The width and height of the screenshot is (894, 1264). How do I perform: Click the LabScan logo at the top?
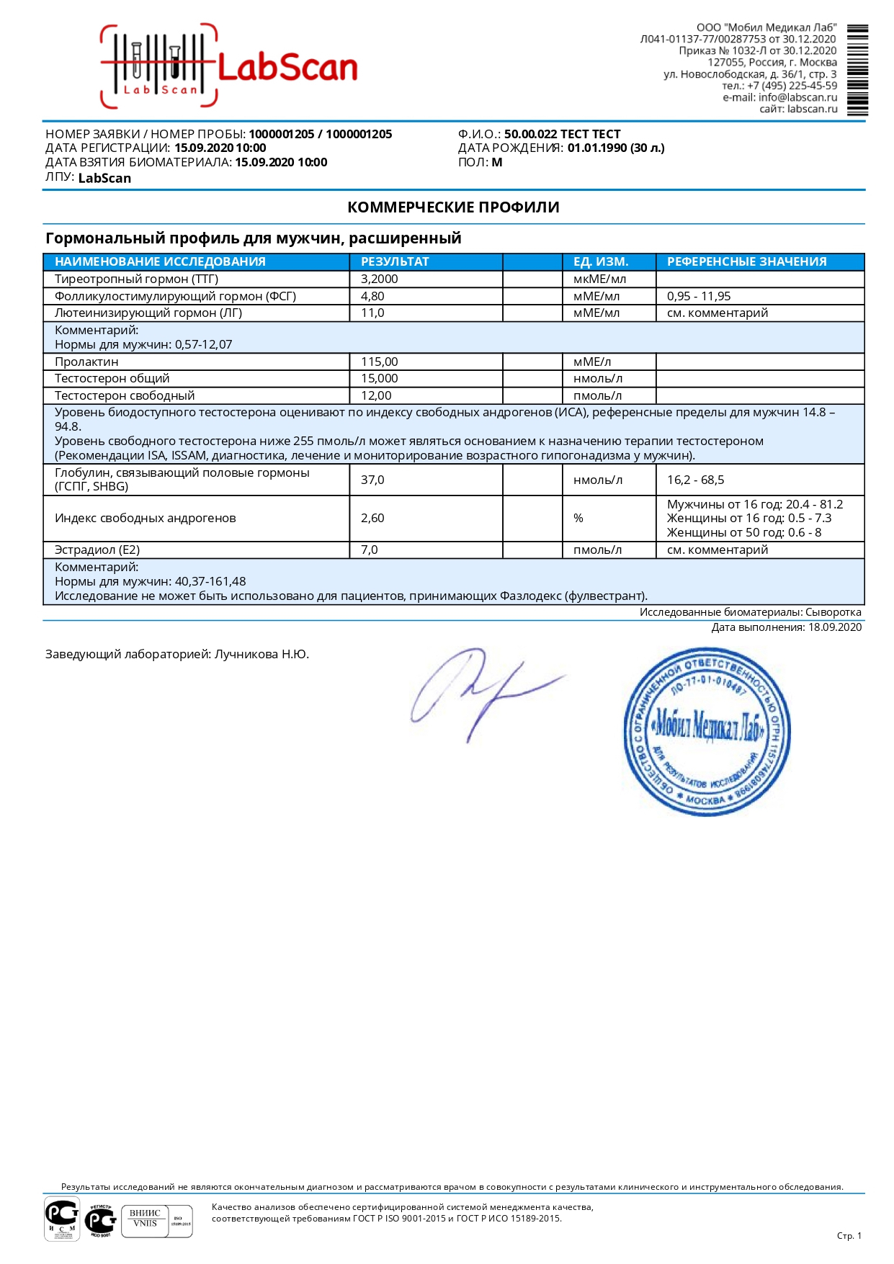(229, 67)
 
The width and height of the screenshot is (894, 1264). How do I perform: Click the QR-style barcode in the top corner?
(857, 70)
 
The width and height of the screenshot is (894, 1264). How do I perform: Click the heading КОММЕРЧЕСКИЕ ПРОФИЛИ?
(453, 207)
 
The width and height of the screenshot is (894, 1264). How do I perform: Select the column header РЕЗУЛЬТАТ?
(395, 261)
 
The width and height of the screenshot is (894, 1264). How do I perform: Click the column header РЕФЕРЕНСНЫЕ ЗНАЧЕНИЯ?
(746, 261)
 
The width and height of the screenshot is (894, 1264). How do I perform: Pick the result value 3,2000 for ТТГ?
(379, 279)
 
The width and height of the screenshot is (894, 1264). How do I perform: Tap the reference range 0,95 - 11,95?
(699, 296)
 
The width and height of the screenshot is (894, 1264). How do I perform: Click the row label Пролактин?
(86, 362)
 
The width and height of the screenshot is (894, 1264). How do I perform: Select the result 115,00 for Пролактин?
(379, 362)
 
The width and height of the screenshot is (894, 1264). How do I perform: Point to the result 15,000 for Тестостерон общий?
(379, 378)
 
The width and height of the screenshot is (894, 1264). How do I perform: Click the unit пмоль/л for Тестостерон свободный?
(597, 395)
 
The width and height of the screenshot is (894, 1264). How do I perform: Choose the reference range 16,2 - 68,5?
(695, 480)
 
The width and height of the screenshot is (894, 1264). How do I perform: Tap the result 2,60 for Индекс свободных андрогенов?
(372, 518)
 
